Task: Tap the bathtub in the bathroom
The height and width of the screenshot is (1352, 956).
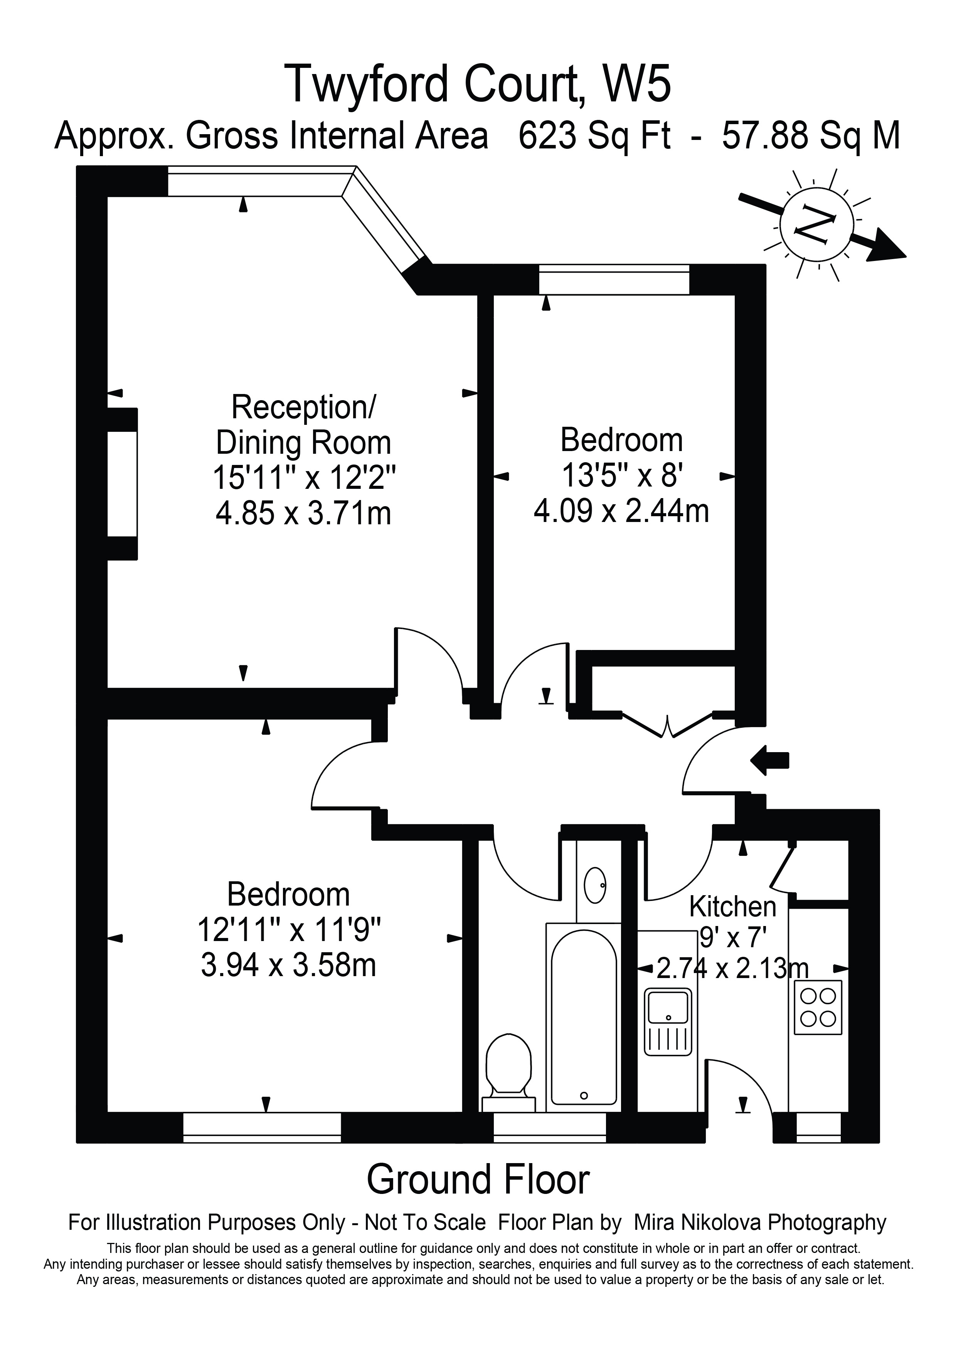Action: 583,1016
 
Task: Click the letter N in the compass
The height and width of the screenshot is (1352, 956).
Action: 816,224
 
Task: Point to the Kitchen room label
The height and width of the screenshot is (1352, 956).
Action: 732,907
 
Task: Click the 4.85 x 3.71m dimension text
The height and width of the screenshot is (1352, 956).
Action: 303,513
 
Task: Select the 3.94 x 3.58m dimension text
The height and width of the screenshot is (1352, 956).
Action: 288,966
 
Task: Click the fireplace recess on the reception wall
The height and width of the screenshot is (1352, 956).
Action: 122,483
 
